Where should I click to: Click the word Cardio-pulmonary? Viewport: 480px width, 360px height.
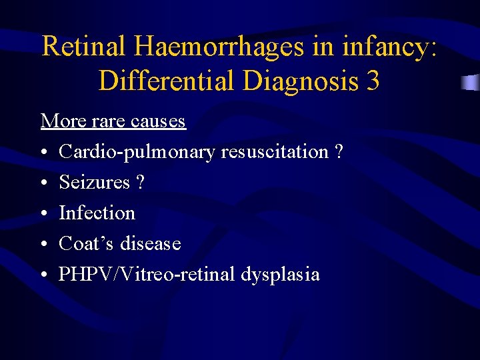pyautogui.click(x=137, y=152)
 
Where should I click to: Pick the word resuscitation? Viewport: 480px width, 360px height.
pyautogui.click(x=275, y=152)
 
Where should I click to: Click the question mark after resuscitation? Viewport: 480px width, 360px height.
pyautogui.click(x=339, y=152)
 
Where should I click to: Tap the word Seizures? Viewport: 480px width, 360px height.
pyautogui.click(x=94, y=182)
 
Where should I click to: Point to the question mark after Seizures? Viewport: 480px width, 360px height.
pyautogui.click(x=139, y=182)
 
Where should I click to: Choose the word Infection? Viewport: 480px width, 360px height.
pyautogui.click(x=97, y=213)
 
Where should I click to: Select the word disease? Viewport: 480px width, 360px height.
pyautogui.click(x=151, y=243)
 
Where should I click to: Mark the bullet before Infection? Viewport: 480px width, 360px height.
pyautogui.click(x=44, y=213)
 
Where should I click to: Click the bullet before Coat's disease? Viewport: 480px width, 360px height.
pyautogui.click(x=44, y=244)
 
